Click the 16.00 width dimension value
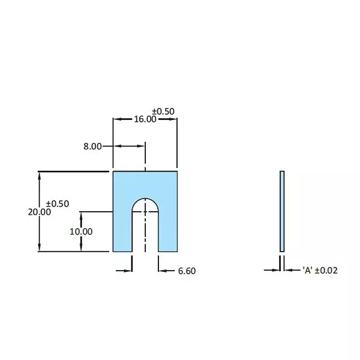tap(145, 119)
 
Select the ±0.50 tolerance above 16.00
tap(163, 112)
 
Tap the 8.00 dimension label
tap(92, 146)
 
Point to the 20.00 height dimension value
tap(40, 212)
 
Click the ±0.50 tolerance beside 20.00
tap(58, 203)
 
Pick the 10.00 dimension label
tap(81, 232)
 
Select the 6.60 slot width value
tap(187, 271)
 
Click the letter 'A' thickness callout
tap(308, 270)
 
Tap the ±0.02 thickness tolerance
tap(326, 270)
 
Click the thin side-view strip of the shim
tap(282, 211)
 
